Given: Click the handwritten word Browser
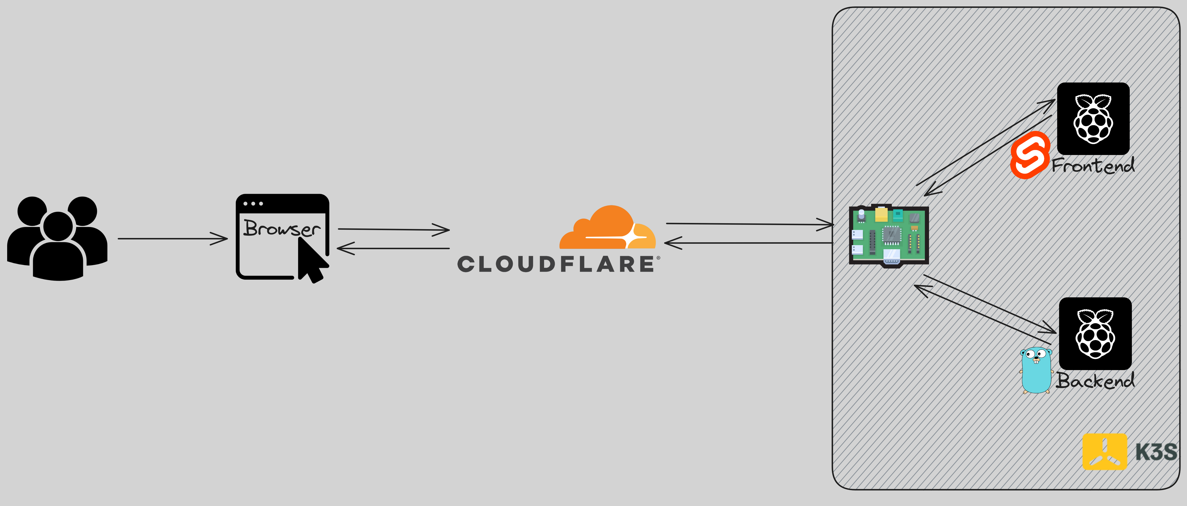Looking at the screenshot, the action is click(x=282, y=228).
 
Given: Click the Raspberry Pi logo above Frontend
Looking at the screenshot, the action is click(x=1093, y=119).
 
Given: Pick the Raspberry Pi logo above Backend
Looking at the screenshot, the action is click(x=1095, y=334).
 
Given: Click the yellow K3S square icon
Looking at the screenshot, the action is click(x=1104, y=452).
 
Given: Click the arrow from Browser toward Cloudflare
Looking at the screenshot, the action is click(x=394, y=229).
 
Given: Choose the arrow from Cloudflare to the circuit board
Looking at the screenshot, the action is click(x=750, y=224).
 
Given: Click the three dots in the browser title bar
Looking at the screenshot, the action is click(x=253, y=203).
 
